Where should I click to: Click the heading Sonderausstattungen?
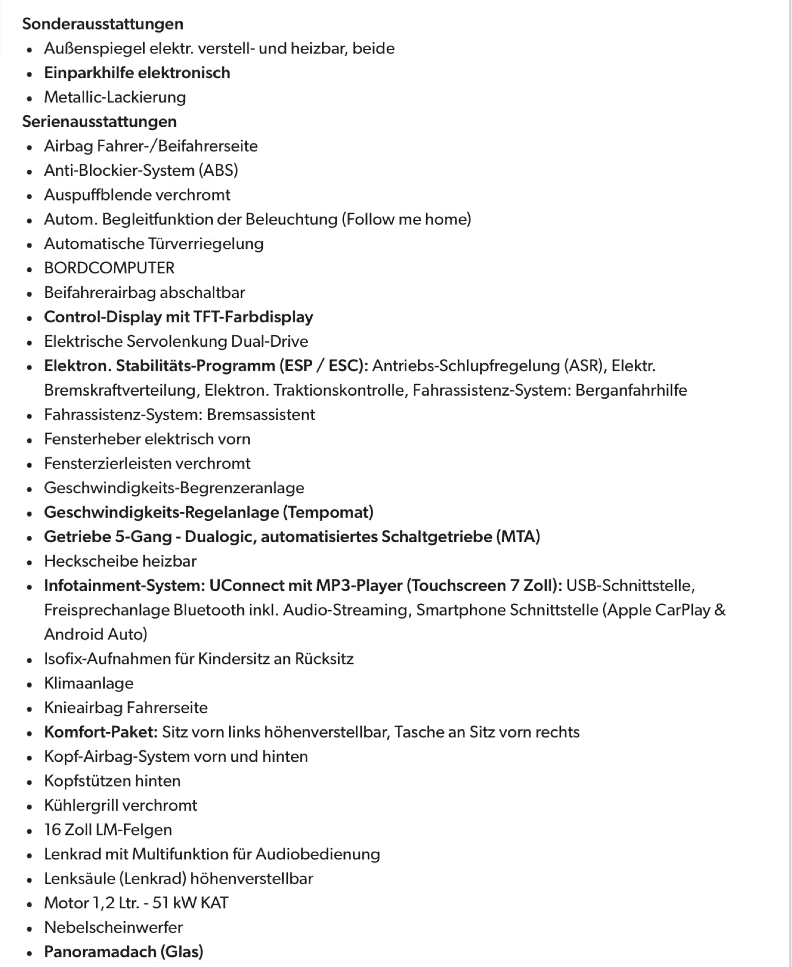[103, 24]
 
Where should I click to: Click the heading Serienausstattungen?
[99, 122]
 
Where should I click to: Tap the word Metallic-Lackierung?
[115, 97]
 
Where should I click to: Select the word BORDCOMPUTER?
[109, 268]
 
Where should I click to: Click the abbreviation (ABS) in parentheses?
[218, 170]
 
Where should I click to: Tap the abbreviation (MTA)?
[518, 537]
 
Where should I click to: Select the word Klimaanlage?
[89, 683]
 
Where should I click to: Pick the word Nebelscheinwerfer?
[113, 928]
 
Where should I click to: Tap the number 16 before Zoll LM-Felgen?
[53, 830]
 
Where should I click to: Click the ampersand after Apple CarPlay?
[720, 610]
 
